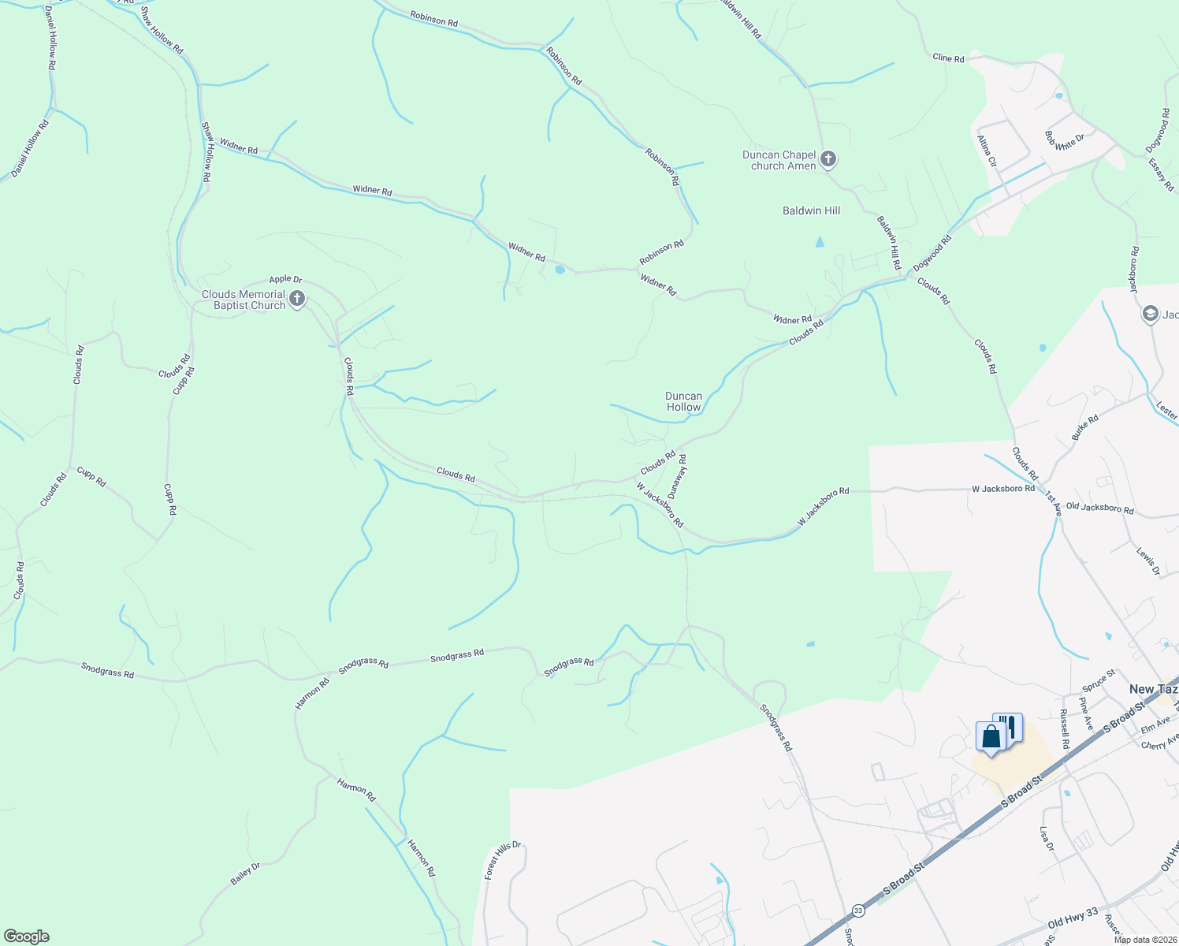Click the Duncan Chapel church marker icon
point(828,159)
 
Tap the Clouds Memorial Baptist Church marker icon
point(297,299)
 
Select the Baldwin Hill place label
point(811,210)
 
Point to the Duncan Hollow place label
point(683,402)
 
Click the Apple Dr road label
point(285,279)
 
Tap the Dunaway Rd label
point(677,476)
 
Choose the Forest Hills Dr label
point(503,860)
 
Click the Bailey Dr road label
point(245,874)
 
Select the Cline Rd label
point(948,58)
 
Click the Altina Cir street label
point(987,151)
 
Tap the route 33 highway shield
point(857,911)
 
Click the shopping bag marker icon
point(991,737)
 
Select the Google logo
point(27,937)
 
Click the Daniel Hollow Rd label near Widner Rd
point(30,147)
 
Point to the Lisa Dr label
point(1047,839)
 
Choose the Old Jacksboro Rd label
point(1099,509)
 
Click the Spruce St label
point(1099,679)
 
